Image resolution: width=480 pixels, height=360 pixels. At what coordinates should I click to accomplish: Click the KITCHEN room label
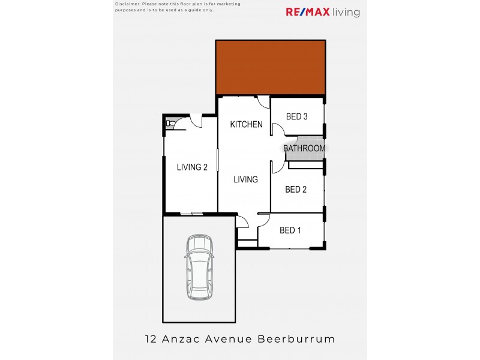pos(247,125)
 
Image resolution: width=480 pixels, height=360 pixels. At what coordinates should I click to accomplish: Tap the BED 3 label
pos(296,116)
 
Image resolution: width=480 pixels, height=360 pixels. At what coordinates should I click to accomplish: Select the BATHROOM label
pos(304,148)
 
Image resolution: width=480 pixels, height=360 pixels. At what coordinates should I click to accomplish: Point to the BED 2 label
pos(296,190)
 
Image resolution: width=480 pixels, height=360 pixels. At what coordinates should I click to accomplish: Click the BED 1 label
pos(290,230)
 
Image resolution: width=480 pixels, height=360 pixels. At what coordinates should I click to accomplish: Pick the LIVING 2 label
pos(192,167)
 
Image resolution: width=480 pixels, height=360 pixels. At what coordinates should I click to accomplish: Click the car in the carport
pos(199,268)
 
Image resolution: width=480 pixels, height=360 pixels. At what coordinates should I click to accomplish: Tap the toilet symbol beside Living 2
pos(170,124)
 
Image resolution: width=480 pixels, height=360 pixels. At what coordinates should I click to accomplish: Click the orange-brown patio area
pos(271,67)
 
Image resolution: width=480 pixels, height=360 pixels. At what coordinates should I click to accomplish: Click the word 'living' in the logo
pos(347,12)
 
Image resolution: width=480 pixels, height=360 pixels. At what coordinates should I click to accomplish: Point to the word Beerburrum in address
pos(296,339)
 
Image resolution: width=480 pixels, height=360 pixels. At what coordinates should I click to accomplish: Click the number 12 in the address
pos(151,339)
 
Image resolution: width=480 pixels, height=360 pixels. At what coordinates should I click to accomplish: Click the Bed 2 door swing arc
pos(277,167)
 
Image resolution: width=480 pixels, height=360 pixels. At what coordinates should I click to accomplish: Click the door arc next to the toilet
pos(194,122)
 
